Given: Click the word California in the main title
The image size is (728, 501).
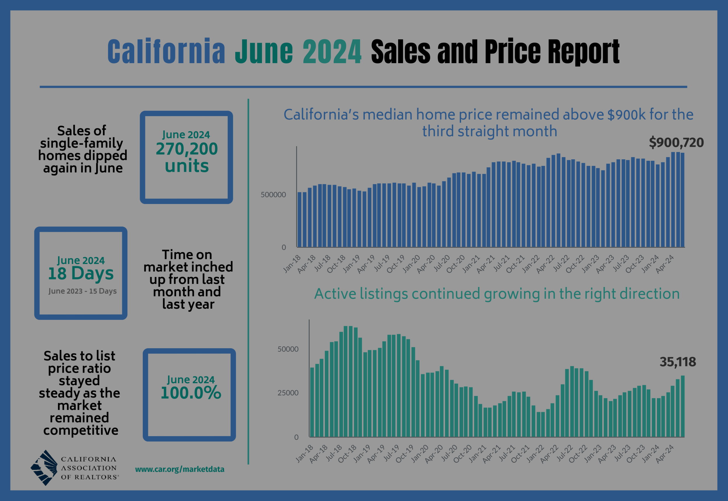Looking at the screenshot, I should (166, 52).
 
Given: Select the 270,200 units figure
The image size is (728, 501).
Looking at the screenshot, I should (187, 157).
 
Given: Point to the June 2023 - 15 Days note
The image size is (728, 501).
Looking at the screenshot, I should (82, 291).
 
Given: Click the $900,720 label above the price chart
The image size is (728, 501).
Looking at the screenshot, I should (676, 143).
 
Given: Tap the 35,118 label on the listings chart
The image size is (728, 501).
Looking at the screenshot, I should (678, 362).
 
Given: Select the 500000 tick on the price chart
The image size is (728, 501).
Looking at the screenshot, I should (273, 195).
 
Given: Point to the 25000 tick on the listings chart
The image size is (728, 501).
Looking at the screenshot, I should (288, 393).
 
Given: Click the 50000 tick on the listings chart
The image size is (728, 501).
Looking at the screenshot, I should (288, 349).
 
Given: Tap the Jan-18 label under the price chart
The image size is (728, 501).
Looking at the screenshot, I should (292, 264).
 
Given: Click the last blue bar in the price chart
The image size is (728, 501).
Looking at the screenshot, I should (682, 201).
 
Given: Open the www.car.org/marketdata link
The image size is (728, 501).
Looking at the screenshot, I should (179, 470).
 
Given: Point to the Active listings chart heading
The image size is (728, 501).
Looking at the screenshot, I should (497, 294).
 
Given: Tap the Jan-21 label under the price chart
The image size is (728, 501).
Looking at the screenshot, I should (471, 264).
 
